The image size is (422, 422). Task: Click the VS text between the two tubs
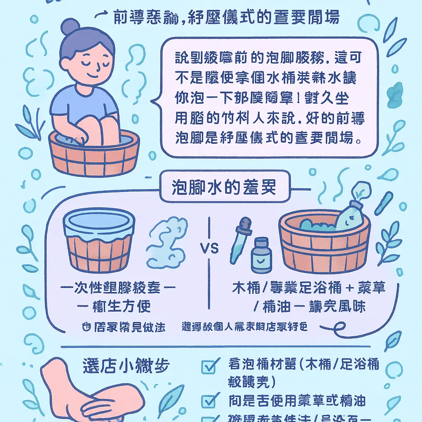209,249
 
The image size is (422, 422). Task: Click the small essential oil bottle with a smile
261,255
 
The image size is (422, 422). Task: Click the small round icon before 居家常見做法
86,327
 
